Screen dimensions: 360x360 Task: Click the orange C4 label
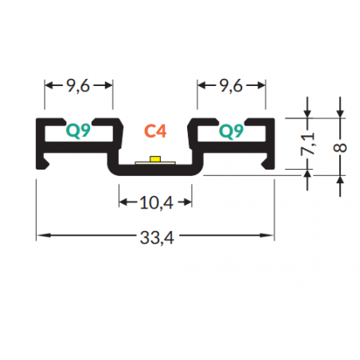pyautogui.click(x=155, y=131)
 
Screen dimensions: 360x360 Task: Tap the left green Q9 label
pyautogui.click(x=78, y=131)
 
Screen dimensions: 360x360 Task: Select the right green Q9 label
pyautogui.click(x=231, y=131)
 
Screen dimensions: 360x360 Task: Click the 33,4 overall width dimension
pyautogui.click(x=157, y=237)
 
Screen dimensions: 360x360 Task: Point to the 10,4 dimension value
pyautogui.click(x=156, y=203)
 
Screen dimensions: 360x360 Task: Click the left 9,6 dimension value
pyautogui.click(x=78, y=86)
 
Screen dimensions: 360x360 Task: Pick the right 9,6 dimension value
pyautogui.click(x=231, y=86)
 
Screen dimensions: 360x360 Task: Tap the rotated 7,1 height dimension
pyautogui.click(x=308, y=144)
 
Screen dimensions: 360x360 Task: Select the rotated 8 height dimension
pyautogui.click(x=340, y=147)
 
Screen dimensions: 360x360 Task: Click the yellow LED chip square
pyautogui.click(x=155, y=159)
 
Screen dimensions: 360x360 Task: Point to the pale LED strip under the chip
pyautogui.click(x=155, y=162)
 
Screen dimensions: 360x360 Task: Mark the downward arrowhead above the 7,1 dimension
pyautogui.click(x=307, y=113)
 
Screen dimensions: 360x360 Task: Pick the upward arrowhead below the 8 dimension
pyautogui.click(x=340, y=180)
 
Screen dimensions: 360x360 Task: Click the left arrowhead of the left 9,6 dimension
pyautogui.click(x=49, y=85)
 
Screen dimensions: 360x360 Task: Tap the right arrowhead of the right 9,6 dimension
pyautogui.click(x=260, y=85)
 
